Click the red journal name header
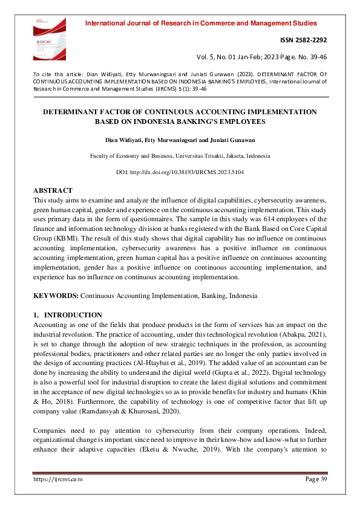[201, 24]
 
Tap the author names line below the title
[180, 140]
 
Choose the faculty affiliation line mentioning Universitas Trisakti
[180, 156]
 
